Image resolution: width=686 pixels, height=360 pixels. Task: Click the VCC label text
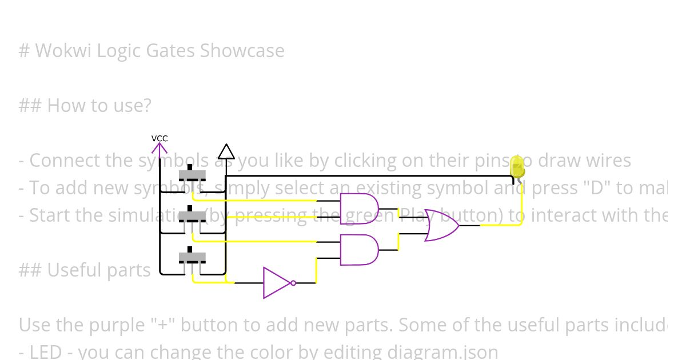point(159,138)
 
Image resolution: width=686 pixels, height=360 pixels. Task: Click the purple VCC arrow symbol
point(159,149)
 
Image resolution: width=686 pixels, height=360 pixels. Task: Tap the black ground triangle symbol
point(226,152)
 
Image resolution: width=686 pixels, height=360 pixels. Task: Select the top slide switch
point(192,174)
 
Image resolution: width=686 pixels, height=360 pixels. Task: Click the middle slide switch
point(192,216)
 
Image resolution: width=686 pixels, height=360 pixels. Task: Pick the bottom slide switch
point(192,257)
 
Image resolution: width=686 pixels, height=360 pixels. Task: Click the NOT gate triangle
point(276,283)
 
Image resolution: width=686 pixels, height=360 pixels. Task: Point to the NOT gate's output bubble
point(293,283)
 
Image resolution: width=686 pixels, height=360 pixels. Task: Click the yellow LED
point(517,167)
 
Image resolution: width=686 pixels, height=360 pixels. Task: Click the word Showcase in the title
point(242,51)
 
